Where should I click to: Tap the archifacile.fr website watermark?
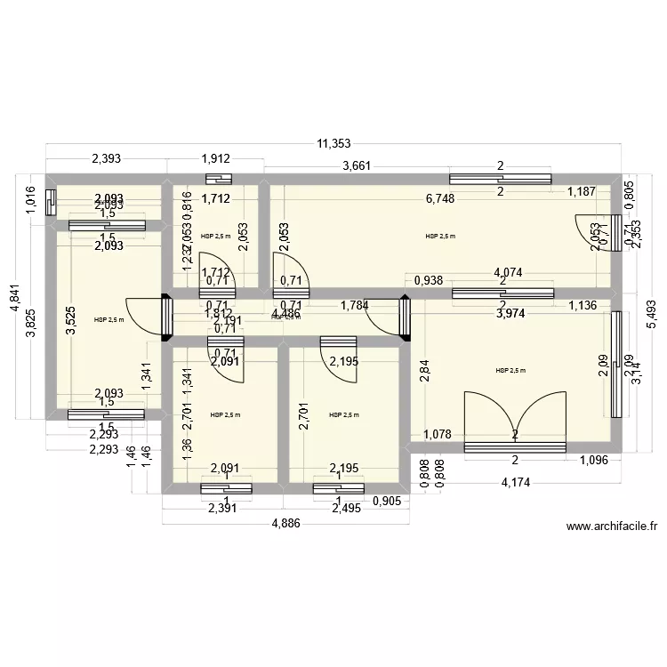coord(612,526)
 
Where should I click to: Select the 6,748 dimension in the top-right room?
coord(440,198)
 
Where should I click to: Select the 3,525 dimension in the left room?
coord(70,319)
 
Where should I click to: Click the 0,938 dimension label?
coord(430,280)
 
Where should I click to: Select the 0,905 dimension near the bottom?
coord(387,501)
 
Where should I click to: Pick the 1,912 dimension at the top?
coord(216,159)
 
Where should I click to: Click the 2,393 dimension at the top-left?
coord(107,159)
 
